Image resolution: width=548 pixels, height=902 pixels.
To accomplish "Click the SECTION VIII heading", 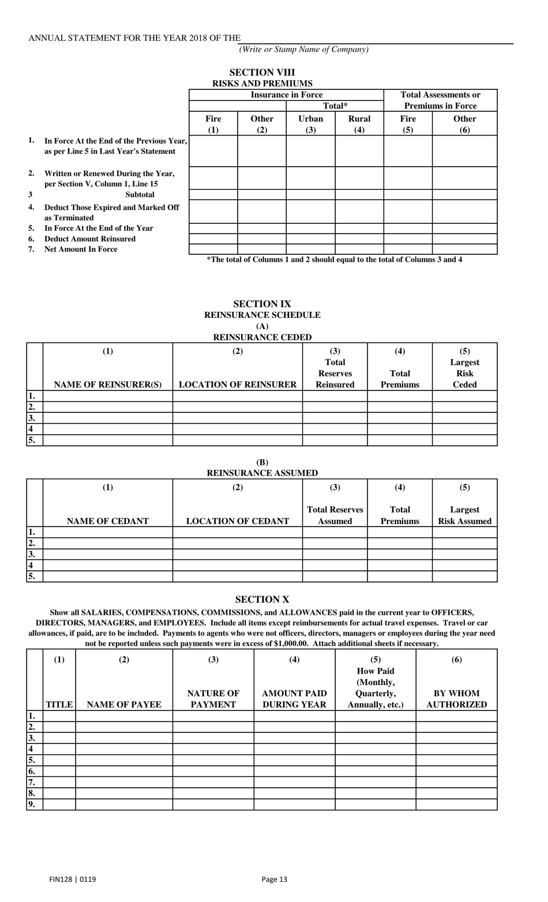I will pos(262,72).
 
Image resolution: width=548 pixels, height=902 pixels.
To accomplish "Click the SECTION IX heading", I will pos(262,304).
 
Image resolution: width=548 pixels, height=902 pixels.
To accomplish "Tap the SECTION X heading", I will pos(262,600).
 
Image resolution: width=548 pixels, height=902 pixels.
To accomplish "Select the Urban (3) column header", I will pos(310,124).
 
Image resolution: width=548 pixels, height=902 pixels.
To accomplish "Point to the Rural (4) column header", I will pos(359,124).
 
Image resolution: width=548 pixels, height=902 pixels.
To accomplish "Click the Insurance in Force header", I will pos(286,95).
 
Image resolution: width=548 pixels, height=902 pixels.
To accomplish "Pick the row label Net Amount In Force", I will pos(81,249).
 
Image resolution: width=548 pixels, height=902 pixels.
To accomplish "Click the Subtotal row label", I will pos(140,194).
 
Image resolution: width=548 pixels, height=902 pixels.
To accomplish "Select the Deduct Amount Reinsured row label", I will pos(90,239).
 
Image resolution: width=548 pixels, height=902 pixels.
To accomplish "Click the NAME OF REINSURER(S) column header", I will pos(108,384).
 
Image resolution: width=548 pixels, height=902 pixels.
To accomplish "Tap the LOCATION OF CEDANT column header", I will pos(237,521).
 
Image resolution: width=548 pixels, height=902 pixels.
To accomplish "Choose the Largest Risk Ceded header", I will pos(464,368).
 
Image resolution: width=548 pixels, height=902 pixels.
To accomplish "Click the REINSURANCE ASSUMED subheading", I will pos(262,473).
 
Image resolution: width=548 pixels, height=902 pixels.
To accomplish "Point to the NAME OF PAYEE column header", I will pos(123,704).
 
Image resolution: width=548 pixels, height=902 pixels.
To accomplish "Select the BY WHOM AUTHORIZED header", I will pos(456,699).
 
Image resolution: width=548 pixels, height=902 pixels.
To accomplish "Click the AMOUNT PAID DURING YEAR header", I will pos(294,699).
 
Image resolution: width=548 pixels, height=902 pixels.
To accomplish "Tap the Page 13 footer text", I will pos(274,880).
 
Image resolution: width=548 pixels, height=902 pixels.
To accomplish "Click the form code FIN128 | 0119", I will pos(73,880).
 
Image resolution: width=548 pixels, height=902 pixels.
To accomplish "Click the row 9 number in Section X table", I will pos(32,805).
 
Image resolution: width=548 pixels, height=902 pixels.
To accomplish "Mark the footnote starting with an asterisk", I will pos(335,260).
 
